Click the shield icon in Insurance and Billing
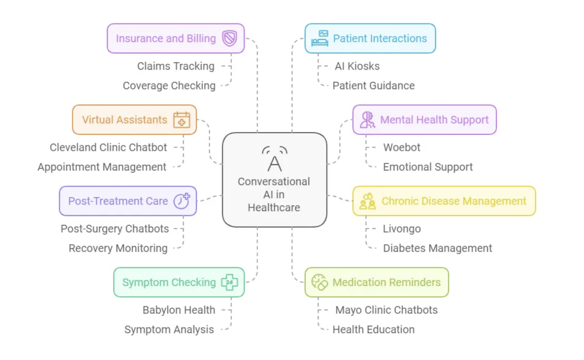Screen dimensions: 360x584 229,38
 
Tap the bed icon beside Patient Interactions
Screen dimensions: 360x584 320,38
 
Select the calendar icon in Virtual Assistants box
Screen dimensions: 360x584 182,120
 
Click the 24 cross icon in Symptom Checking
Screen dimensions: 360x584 229,282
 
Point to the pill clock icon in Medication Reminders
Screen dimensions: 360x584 320,282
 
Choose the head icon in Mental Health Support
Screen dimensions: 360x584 367,120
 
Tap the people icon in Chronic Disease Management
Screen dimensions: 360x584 367,201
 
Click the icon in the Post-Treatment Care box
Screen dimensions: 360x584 182,201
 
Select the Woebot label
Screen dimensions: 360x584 401,147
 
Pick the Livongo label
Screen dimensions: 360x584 402,229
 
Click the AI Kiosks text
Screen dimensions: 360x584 357,66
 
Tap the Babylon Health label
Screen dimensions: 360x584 179,310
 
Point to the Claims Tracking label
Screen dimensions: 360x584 176,66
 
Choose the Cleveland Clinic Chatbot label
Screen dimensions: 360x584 108,147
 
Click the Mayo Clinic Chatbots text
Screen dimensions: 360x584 386,310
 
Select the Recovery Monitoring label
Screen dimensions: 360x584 118,248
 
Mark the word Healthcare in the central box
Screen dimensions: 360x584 274,207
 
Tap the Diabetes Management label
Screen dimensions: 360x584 437,248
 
